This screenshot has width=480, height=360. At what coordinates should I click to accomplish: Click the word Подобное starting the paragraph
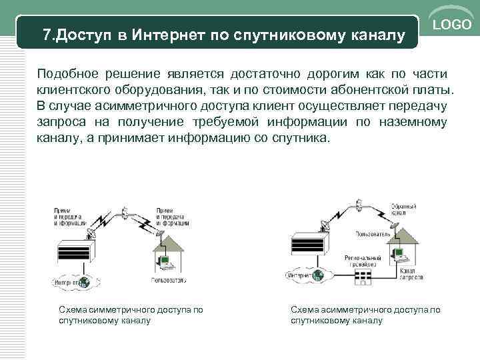click(66, 73)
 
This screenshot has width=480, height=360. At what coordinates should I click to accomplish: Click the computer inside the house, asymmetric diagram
click(399, 253)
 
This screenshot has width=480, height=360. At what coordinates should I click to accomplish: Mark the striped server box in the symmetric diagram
click(77, 253)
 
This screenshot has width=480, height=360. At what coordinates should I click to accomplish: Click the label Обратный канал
click(398, 209)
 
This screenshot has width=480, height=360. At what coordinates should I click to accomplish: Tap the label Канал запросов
click(409, 275)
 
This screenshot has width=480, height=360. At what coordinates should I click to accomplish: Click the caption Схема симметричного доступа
click(131, 310)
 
